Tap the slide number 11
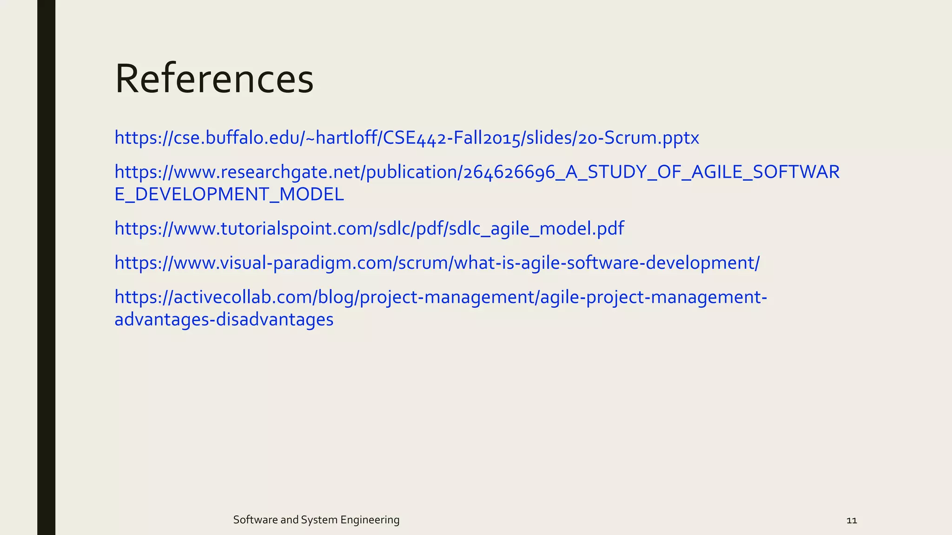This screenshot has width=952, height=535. [852, 520]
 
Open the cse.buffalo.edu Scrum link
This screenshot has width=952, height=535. [406, 138]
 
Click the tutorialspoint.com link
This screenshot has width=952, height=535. [369, 228]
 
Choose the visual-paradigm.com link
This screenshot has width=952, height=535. [437, 263]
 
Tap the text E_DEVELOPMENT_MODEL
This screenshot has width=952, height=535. [229, 195]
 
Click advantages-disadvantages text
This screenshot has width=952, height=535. [224, 320]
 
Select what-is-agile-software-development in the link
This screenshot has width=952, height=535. [604, 263]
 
